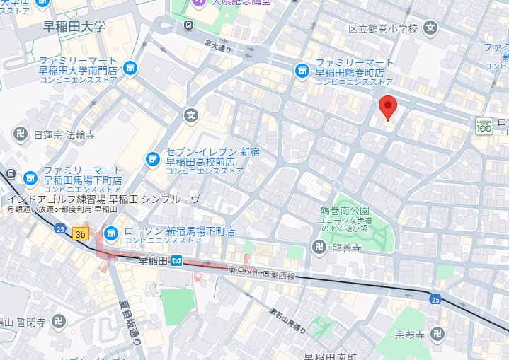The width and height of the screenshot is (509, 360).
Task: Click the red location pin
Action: pos(387,107)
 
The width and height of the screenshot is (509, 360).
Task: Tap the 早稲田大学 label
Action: pos(74,28)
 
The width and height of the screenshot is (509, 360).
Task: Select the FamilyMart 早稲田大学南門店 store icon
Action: pos(129,67)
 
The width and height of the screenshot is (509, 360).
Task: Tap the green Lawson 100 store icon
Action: pos(484,126)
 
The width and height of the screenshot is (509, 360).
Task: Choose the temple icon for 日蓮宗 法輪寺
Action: pos(21,134)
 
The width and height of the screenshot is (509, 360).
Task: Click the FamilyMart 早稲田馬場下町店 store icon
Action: pos(30,178)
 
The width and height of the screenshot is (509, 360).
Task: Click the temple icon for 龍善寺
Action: pos(319,248)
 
